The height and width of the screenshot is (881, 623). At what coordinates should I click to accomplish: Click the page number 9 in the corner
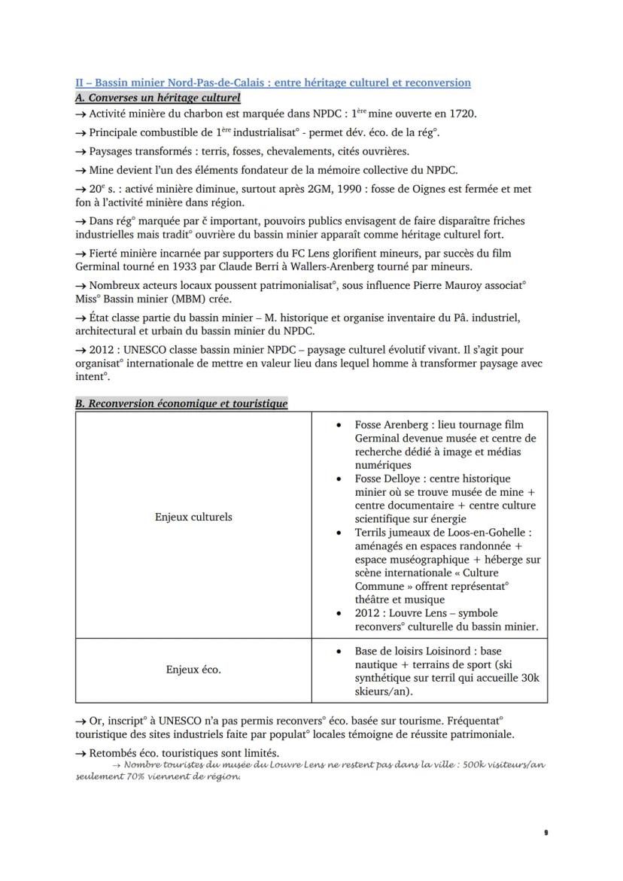tap(545, 833)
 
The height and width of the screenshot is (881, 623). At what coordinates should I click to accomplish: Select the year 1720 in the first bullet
tap(461, 114)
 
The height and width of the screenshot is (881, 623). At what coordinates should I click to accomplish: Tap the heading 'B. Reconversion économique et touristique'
tap(181, 404)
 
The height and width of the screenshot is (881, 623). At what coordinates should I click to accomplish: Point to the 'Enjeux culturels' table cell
tap(193, 517)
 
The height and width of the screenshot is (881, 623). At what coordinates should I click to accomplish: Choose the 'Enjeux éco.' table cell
tap(193, 670)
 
